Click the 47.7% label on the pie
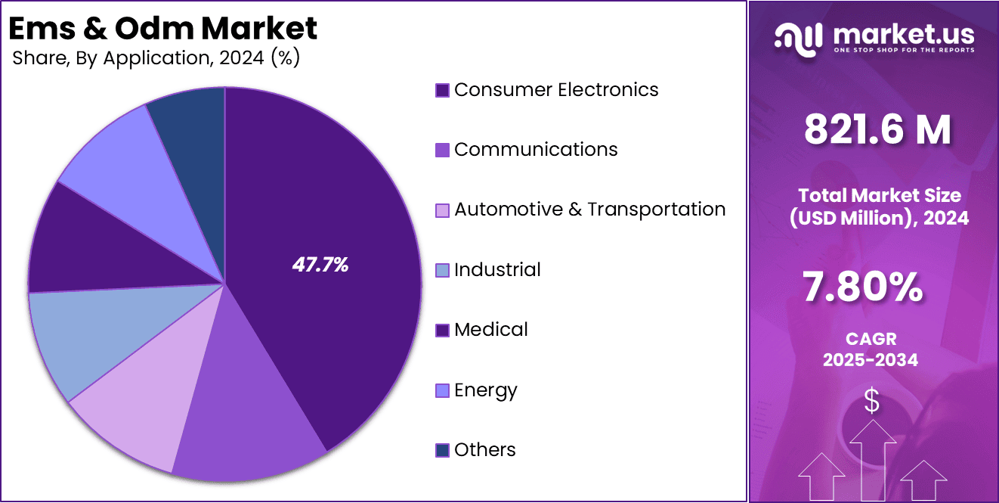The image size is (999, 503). tap(320, 265)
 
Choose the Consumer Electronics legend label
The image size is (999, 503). tap(556, 90)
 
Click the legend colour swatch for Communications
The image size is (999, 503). tap(443, 151)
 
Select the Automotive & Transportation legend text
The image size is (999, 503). tap(589, 210)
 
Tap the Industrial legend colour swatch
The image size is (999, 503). tap(443, 270)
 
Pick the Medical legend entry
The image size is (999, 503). tap(490, 330)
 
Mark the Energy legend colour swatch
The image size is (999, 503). tap(443, 391)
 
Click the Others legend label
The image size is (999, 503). tap(484, 450)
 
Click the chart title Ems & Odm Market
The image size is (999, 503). tap(162, 29)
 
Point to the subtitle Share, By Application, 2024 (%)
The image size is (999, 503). tap(156, 59)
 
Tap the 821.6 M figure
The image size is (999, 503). tap(877, 130)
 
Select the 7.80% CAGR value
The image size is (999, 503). tap(861, 287)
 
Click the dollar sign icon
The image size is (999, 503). tap(872, 401)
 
